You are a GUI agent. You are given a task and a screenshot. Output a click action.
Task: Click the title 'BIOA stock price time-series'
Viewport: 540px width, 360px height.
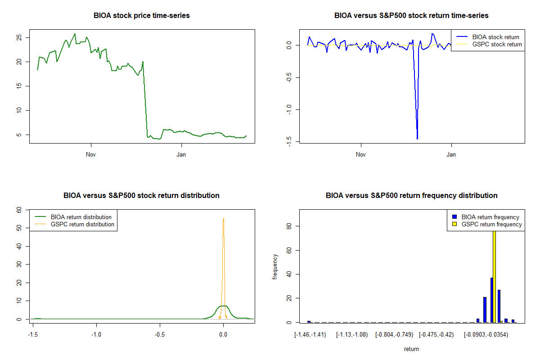coord(142,16)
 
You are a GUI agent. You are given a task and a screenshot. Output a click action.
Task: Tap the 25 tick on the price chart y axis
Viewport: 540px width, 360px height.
coord(19,38)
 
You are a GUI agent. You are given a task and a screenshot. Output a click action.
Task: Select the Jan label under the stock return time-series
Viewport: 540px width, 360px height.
coord(451,154)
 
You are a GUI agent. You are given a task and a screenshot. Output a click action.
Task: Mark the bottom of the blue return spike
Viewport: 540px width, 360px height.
coord(417,139)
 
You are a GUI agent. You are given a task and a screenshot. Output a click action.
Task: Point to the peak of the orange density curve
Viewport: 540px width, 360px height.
coord(223,219)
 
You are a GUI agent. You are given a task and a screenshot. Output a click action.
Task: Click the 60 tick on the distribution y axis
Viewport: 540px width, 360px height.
coord(19,210)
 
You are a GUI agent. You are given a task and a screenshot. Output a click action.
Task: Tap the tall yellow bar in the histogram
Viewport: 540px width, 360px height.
coord(494,274)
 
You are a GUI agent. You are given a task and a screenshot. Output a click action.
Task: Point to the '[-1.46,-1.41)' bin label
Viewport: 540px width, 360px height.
coord(310,334)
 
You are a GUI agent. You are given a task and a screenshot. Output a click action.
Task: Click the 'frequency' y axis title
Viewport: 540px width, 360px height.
coord(275,266)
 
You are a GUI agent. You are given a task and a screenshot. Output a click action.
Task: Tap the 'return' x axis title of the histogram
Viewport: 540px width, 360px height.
coord(411,349)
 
